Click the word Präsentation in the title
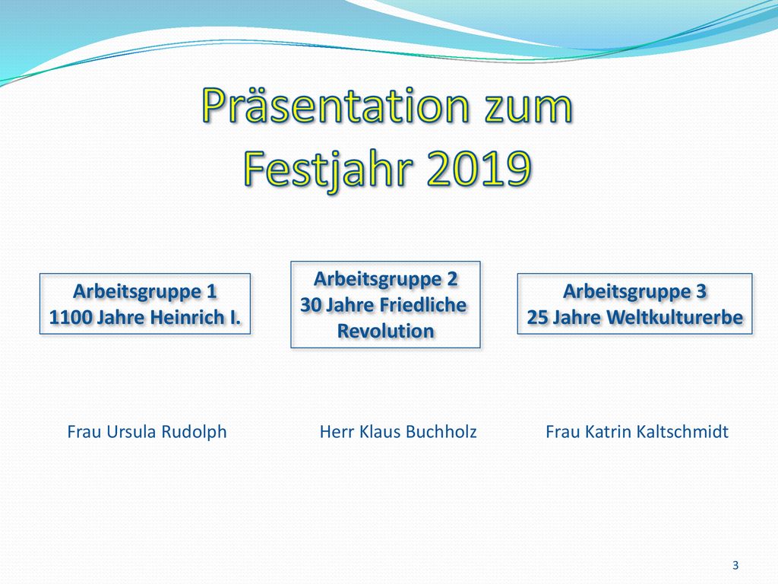(336, 105)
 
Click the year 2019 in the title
(479, 168)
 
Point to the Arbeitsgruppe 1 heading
(145, 292)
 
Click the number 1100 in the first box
(69, 317)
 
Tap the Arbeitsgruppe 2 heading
(385, 280)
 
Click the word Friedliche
(424, 305)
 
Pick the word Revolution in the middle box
(385, 332)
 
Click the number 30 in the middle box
(311, 306)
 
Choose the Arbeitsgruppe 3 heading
(634, 292)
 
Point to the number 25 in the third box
(537, 318)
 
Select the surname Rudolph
(194, 432)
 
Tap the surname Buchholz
(441, 432)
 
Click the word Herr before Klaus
(337, 432)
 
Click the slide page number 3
(735, 565)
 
